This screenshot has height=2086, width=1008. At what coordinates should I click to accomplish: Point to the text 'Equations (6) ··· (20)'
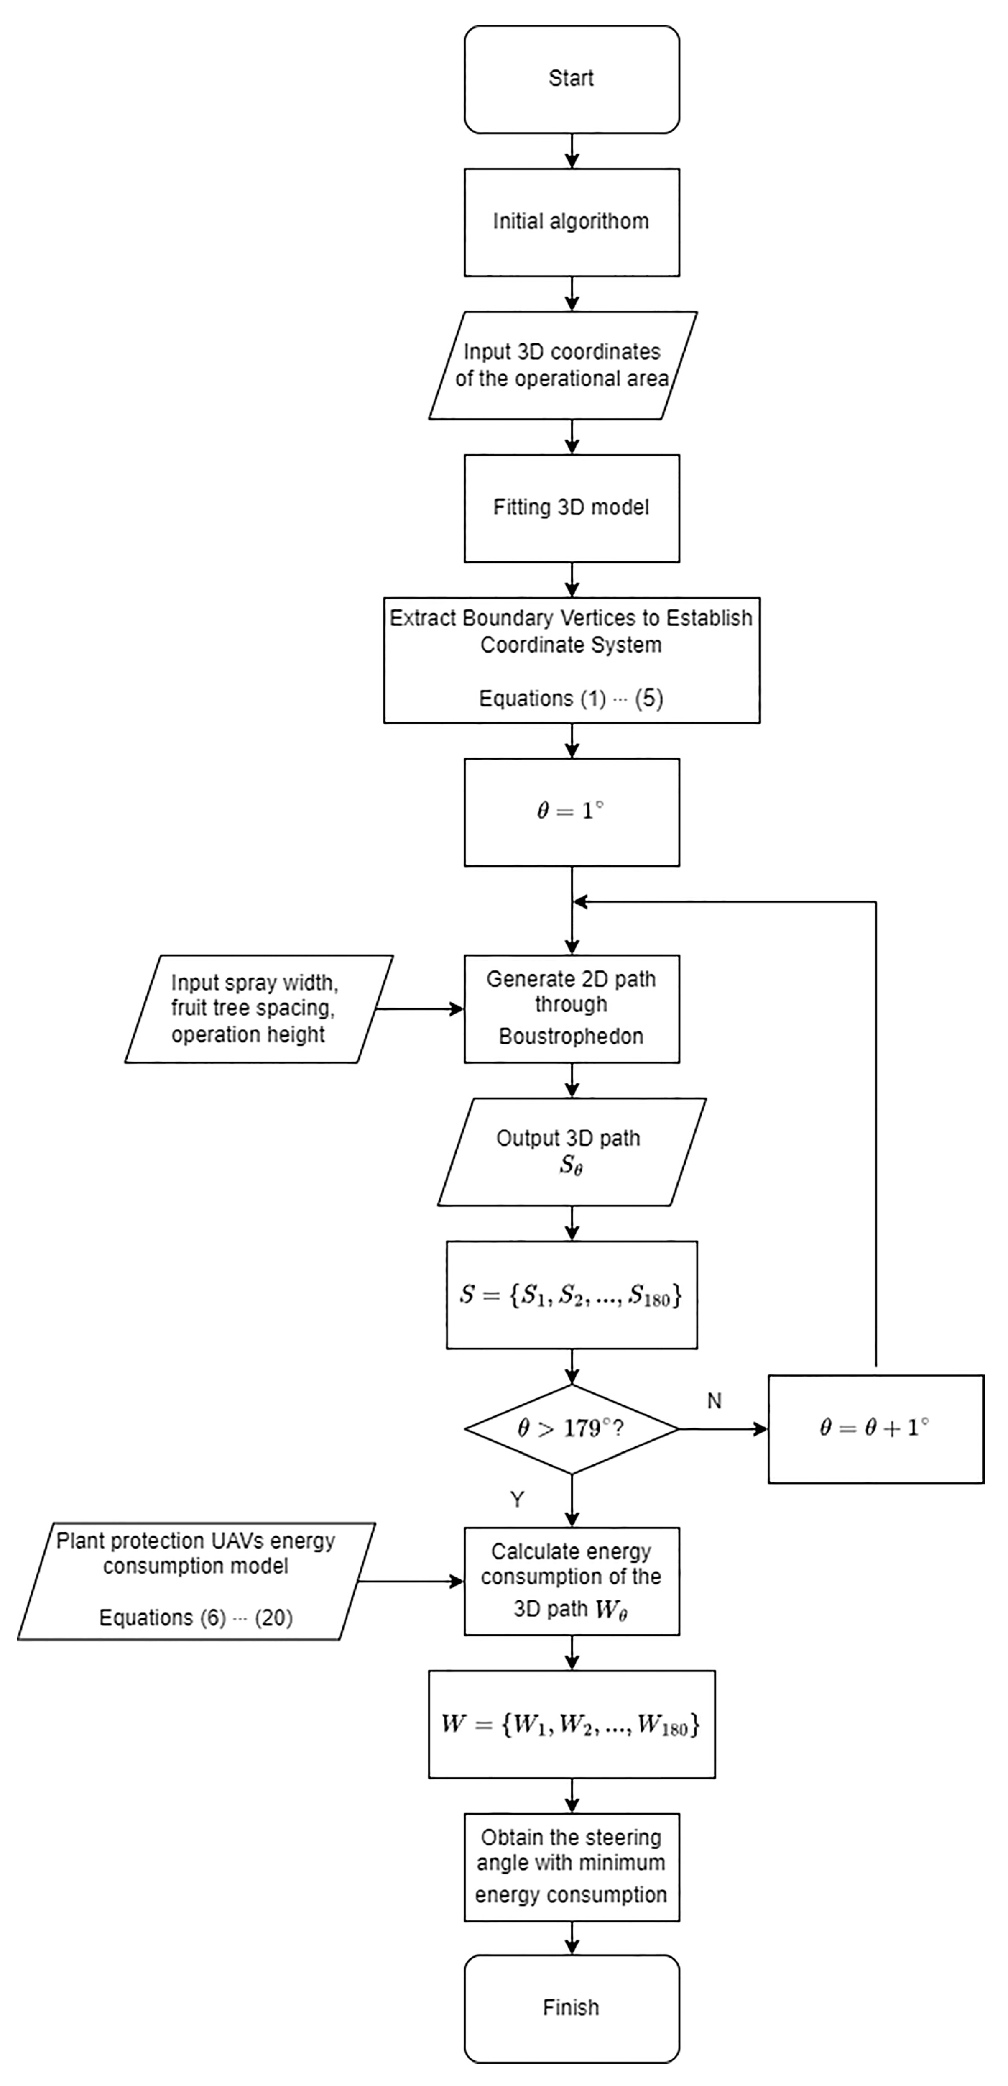pyautogui.click(x=196, y=1618)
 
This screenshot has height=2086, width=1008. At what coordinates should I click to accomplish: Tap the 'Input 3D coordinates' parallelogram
pyautogui.click(x=563, y=365)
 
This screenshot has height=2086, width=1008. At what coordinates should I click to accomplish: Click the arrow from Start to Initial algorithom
pyautogui.click(x=572, y=151)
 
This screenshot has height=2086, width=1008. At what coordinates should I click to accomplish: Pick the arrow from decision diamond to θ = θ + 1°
pyautogui.click(x=722, y=1429)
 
